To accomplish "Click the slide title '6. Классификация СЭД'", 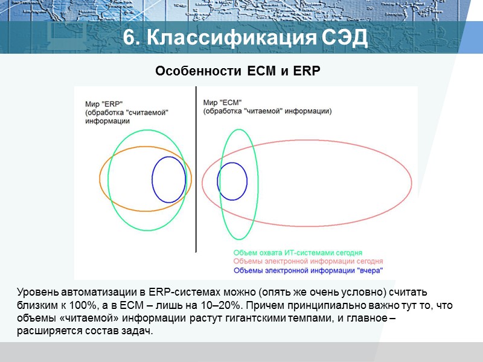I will click(x=245, y=37).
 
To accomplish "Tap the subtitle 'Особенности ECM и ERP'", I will click(x=237, y=71).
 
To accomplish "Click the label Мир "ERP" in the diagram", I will click(x=100, y=104).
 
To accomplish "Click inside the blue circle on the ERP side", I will click(x=168, y=180).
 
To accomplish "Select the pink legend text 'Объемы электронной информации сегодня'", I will click(x=308, y=261).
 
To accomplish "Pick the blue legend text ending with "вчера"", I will click(x=308, y=270).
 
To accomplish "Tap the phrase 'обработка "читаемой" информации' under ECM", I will click(x=267, y=112).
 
